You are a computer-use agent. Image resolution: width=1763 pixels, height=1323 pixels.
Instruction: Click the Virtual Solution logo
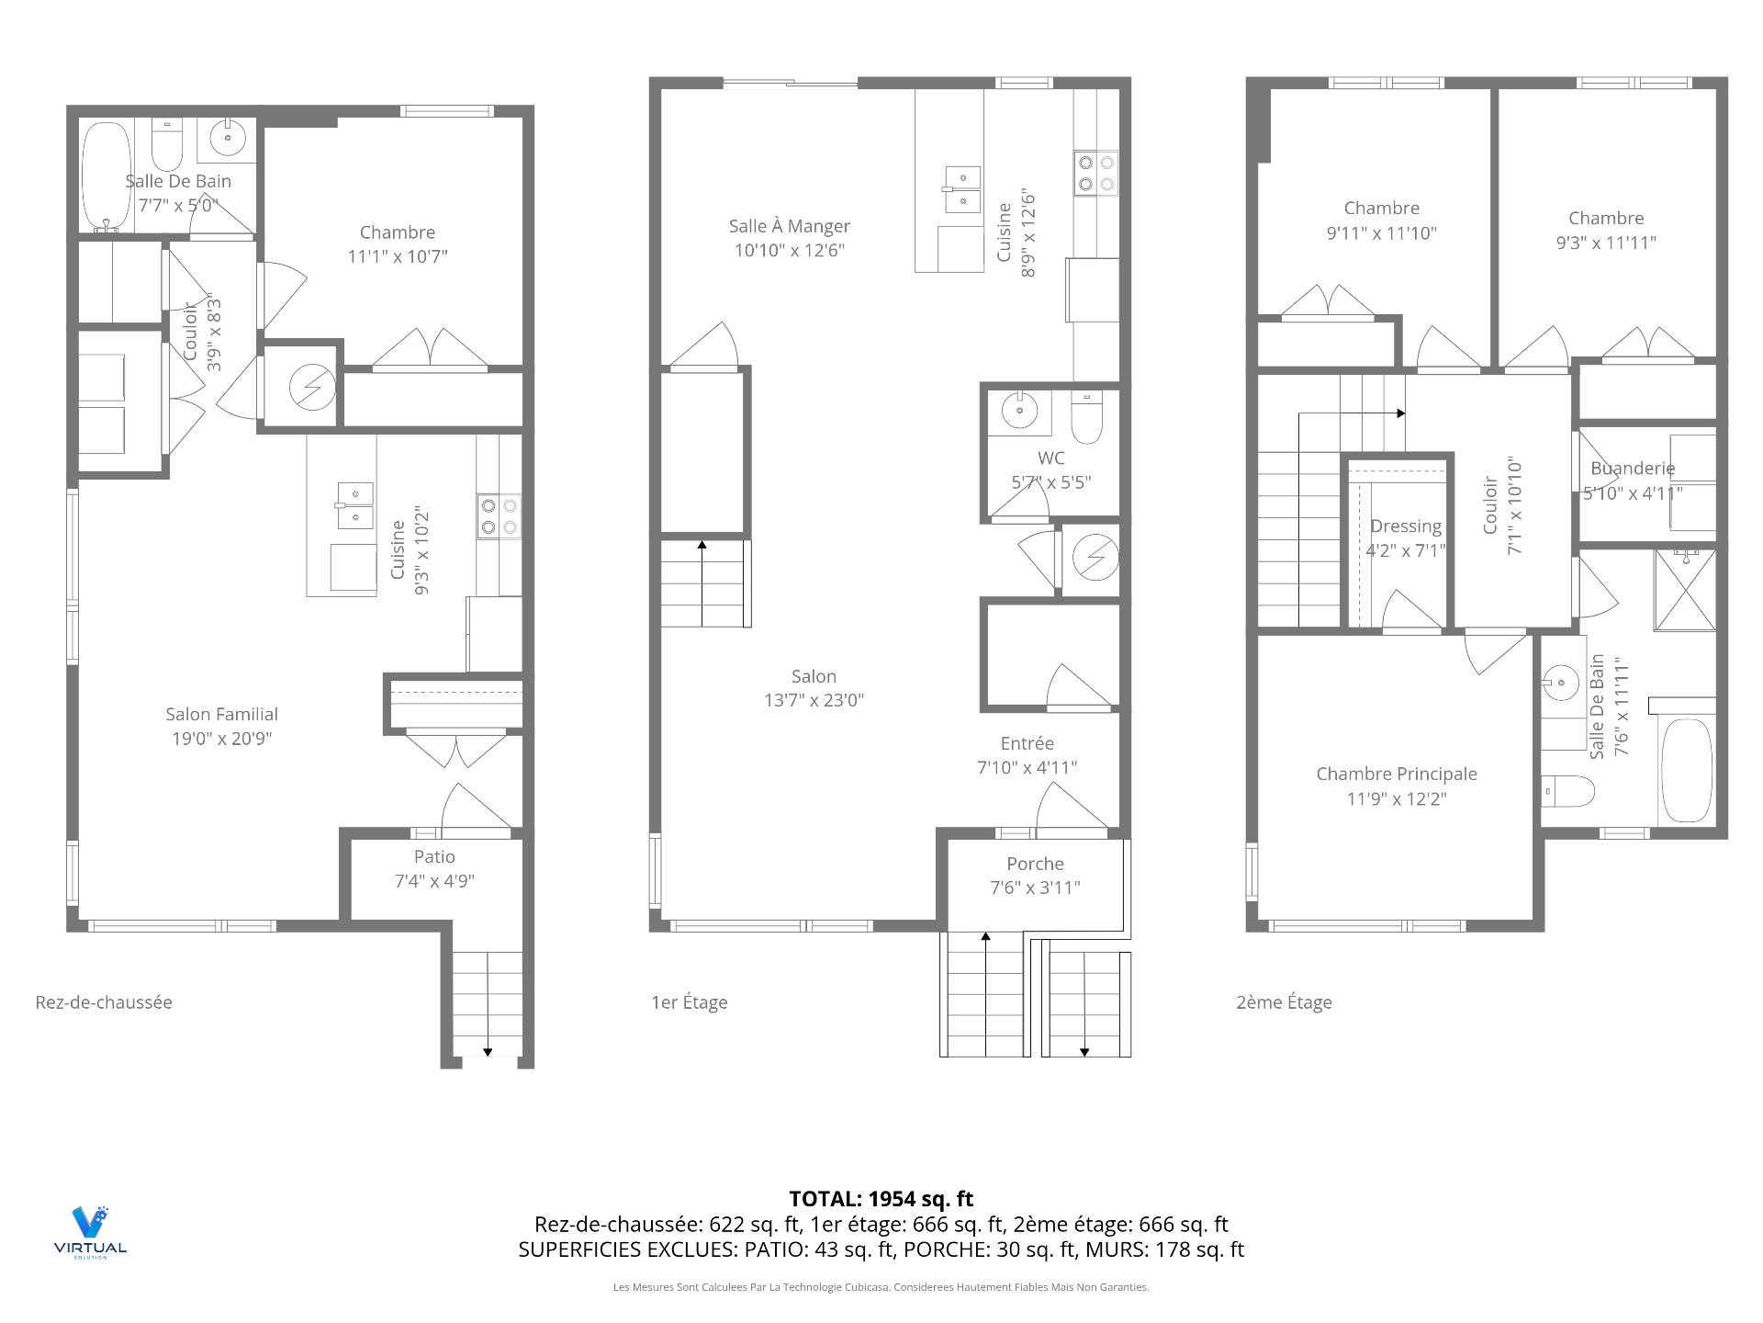[90, 1231]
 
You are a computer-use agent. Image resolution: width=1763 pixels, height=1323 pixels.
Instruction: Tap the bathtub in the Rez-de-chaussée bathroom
[107, 175]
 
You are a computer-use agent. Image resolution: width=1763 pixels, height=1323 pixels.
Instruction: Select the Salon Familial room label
[221, 714]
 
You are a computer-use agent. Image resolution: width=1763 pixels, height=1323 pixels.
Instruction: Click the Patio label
[434, 856]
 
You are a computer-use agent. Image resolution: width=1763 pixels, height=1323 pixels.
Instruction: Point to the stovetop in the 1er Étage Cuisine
[1096, 173]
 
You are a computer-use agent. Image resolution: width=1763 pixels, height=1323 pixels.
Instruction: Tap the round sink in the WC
[1019, 410]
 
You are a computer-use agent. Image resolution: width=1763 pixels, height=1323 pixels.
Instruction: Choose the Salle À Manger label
[790, 226]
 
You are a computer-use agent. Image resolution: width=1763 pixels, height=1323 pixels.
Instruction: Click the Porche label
[1035, 864]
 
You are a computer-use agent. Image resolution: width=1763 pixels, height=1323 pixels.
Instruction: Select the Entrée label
[1027, 743]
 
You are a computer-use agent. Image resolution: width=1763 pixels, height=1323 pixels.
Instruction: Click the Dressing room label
[1406, 526]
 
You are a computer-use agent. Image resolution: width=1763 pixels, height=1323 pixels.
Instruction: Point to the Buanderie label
[1633, 469]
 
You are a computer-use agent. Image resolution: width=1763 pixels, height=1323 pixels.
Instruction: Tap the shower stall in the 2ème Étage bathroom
[1685, 590]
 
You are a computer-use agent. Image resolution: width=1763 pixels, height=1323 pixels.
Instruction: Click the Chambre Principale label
[1397, 774]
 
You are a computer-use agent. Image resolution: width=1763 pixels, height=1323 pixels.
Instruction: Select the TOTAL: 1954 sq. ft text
[881, 1199]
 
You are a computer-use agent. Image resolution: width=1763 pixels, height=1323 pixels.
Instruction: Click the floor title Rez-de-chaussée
[104, 1002]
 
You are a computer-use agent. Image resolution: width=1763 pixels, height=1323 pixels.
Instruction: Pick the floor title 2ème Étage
[1284, 1002]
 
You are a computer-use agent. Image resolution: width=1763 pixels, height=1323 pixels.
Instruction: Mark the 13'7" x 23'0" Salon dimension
[814, 700]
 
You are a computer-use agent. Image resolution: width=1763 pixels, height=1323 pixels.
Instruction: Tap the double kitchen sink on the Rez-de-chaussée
[355, 506]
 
